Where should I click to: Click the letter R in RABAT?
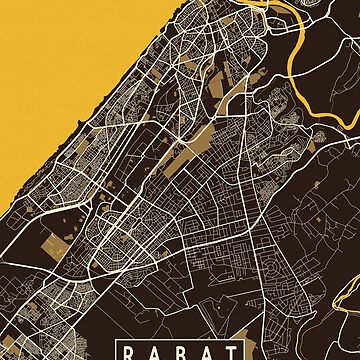pos(130,350)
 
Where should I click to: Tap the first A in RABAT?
pos(155,350)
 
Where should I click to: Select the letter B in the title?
pos(180,350)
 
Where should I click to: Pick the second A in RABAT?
pos(206,350)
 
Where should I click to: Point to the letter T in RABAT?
pos(230,350)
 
